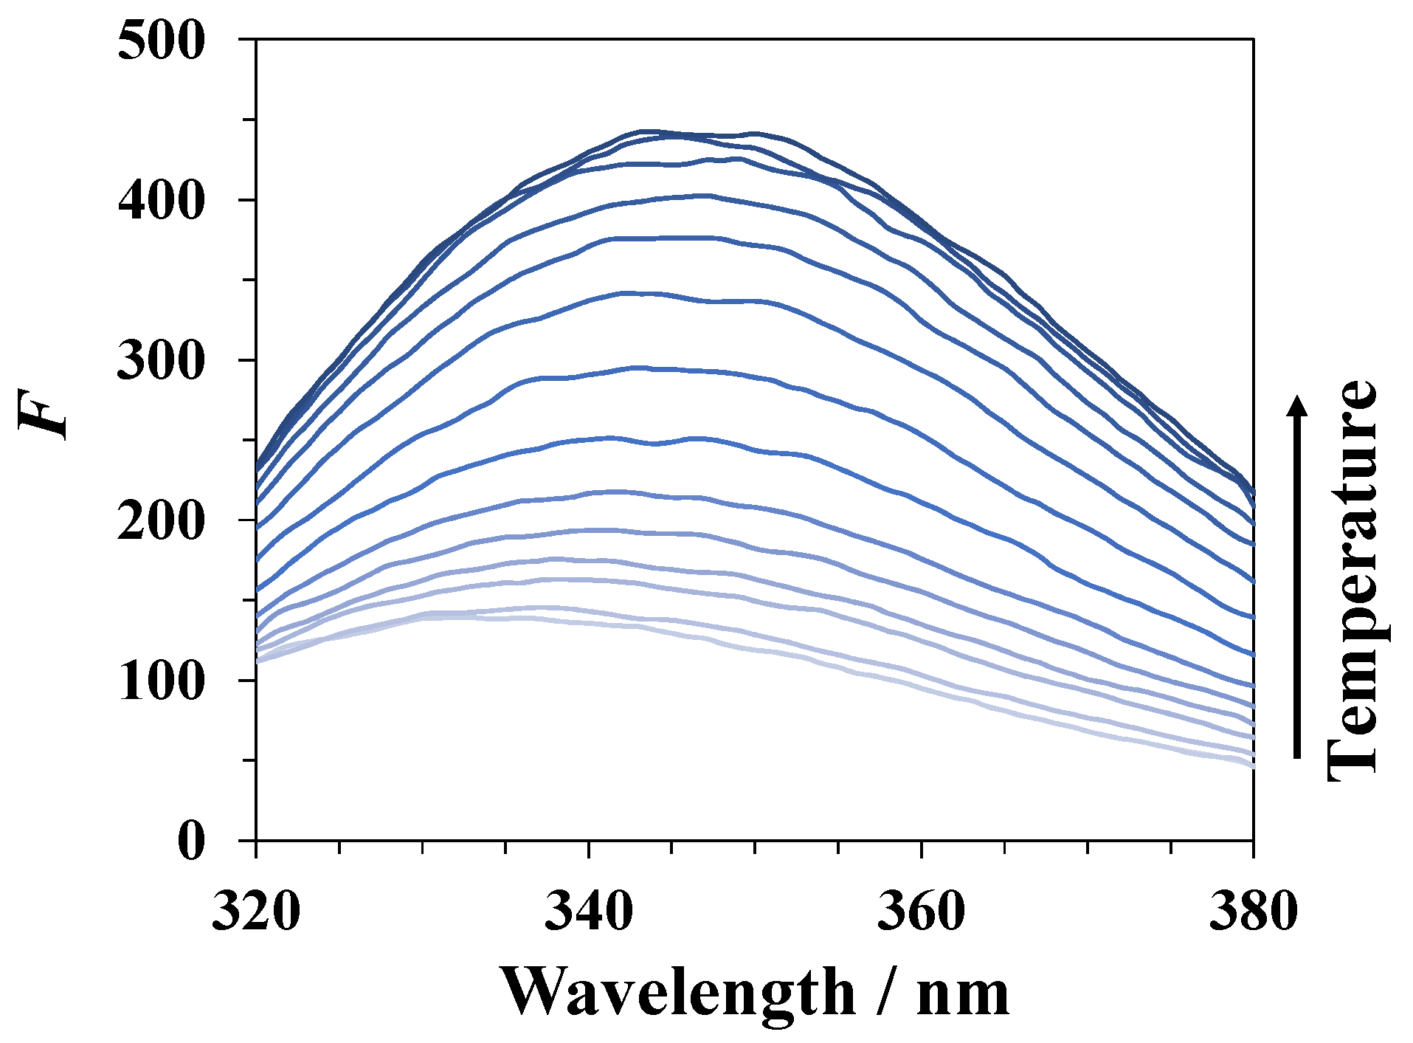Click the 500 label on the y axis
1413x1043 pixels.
pyautogui.click(x=160, y=41)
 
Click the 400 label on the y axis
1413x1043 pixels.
pyautogui.click(x=160, y=200)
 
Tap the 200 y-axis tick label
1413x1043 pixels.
pyautogui.click(x=160, y=520)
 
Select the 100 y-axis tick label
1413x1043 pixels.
pyautogui.click(x=160, y=681)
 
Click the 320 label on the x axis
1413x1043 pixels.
pyautogui.click(x=256, y=911)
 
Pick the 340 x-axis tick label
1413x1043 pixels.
pyautogui.click(x=589, y=911)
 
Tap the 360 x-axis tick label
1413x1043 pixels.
pyautogui.click(x=921, y=911)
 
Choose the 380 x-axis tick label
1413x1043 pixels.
pyautogui.click(x=1253, y=911)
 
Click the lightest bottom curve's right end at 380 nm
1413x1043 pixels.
pyautogui.click(x=1251, y=765)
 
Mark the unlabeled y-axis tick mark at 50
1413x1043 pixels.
pyautogui.click(x=247, y=760)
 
